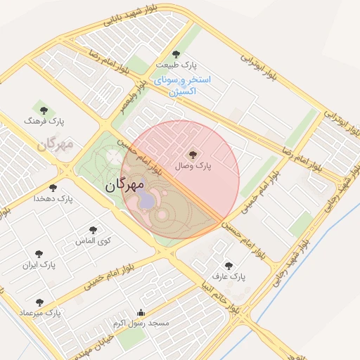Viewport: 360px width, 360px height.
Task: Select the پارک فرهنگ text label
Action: click(44, 121)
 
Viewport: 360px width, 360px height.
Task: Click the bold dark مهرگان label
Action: click(120, 186)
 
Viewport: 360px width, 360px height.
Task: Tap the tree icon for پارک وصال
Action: click(193, 154)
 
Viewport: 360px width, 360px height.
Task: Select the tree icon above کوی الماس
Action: click(94, 229)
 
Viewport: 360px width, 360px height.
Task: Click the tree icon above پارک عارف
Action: click(229, 266)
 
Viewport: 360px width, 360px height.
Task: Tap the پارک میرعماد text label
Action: click(40, 311)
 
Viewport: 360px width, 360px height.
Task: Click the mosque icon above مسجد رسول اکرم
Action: click(141, 313)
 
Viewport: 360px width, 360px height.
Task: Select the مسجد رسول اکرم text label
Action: click(141, 323)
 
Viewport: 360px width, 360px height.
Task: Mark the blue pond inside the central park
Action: click(147, 200)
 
